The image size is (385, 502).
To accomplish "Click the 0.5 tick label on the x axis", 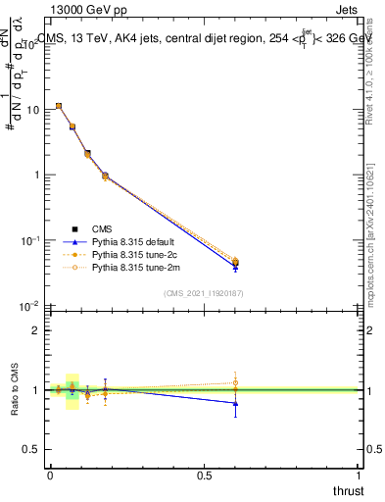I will (204, 475).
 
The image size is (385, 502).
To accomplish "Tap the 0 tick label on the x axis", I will (50, 475).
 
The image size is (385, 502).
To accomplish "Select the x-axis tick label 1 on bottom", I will (359, 475).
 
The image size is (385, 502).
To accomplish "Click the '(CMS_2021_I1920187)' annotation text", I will (204, 292).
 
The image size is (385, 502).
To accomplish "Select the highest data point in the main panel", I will (59, 106).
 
